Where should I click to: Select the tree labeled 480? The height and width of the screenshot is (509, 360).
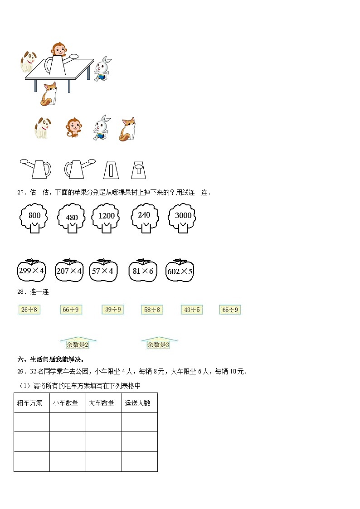(x=72, y=218)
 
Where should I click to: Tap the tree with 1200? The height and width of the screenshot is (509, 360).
(x=106, y=217)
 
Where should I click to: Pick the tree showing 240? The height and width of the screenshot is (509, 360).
(x=144, y=216)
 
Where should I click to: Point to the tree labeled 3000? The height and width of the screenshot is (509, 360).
(x=182, y=217)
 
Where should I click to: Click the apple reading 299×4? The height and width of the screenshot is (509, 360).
(x=31, y=271)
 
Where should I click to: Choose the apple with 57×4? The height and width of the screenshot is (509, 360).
(x=103, y=271)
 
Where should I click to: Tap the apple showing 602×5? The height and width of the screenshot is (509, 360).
(x=180, y=271)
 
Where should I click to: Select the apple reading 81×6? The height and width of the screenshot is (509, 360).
(x=143, y=271)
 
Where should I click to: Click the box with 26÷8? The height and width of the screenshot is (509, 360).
(x=29, y=310)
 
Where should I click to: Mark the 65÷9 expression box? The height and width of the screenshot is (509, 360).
(x=230, y=310)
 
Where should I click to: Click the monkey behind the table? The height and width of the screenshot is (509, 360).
(x=58, y=48)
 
